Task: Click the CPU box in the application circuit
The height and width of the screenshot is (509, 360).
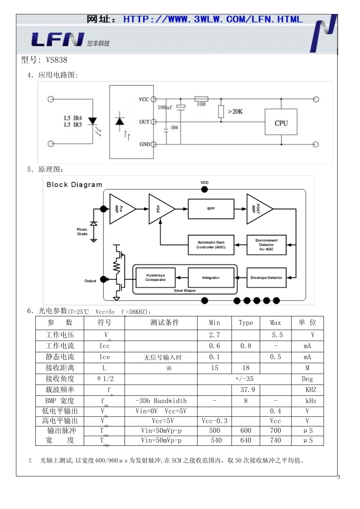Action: pos(281,122)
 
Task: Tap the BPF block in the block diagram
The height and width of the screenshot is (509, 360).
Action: pos(211,209)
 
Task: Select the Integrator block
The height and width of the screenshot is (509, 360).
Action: pos(211,278)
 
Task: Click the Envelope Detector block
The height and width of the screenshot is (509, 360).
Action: pos(266,278)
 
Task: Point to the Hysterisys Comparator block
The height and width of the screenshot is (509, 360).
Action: pos(155,278)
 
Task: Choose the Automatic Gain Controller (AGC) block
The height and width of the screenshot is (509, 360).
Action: pos(211,245)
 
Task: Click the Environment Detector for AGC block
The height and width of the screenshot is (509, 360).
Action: pos(266,245)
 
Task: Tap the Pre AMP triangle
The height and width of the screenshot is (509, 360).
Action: pos(121,209)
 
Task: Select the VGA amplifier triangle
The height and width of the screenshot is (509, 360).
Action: pos(160,209)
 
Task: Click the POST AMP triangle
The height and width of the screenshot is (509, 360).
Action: pos(258,209)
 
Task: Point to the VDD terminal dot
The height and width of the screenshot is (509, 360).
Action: pos(205,189)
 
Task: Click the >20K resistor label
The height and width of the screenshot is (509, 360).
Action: pos(235,112)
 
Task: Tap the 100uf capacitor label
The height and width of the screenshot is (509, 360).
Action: pos(165,108)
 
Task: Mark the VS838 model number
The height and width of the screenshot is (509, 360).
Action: pos(56,60)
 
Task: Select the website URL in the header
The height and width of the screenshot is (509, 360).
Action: pos(213,19)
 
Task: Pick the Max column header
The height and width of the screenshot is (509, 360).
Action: pos(275,323)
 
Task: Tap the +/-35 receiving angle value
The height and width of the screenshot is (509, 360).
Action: pos(244,379)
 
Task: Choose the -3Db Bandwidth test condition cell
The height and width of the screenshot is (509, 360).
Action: pos(161,401)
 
